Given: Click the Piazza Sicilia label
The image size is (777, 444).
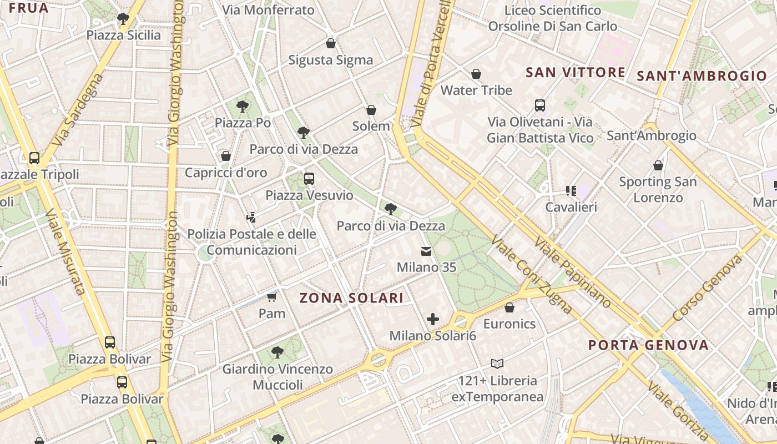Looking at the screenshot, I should [123, 35].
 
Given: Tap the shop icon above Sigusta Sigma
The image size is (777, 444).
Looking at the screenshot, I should [331, 43].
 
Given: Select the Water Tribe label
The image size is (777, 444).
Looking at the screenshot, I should [476, 90].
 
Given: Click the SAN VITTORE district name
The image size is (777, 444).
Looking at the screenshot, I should [576, 72].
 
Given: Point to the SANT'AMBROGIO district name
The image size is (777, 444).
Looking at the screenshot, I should [702, 76].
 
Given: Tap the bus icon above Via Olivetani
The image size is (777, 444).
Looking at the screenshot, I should [539, 105].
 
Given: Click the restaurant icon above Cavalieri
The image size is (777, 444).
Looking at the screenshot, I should [571, 191].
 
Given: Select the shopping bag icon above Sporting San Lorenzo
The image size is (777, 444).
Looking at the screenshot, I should [658, 165].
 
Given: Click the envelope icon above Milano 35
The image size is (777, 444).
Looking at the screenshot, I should [426, 251].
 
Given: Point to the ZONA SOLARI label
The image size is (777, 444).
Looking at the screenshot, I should [352, 298].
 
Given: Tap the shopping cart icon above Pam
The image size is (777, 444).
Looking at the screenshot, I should [271, 297].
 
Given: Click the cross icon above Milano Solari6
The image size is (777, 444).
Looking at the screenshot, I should [433, 319].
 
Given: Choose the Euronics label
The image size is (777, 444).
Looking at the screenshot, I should [509, 324].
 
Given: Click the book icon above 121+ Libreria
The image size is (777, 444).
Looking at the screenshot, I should [497, 364].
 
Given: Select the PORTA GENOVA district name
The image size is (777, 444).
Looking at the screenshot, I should [648, 345].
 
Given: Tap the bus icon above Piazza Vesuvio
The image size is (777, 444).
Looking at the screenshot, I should [309, 179].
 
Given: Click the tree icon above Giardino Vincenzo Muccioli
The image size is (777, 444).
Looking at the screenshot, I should [277, 352].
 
